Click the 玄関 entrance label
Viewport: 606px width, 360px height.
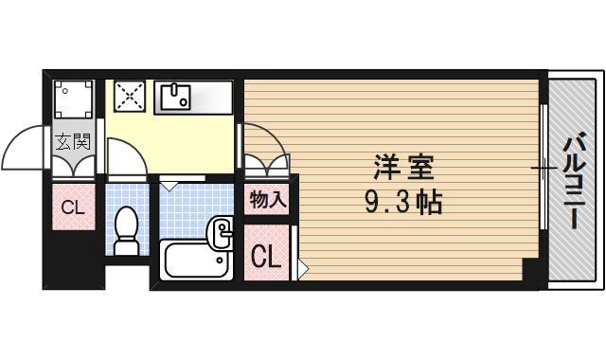click(x=72, y=143)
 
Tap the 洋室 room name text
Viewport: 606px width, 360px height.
click(x=401, y=170)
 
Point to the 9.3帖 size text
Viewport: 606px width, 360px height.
click(x=401, y=202)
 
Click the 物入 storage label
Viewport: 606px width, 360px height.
click(x=268, y=200)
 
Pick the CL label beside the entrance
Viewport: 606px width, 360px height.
click(x=73, y=208)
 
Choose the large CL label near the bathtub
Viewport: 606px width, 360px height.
click(x=266, y=255)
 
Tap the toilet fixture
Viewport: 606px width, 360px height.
click(x=127, y=230)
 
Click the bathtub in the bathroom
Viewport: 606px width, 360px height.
click(x=196, y=261)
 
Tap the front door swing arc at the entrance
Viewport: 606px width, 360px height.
click(x=24, y=152)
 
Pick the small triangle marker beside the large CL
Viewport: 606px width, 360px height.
click(x=302, y=269)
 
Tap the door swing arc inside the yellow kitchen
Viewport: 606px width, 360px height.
click(x=124, y=156)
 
